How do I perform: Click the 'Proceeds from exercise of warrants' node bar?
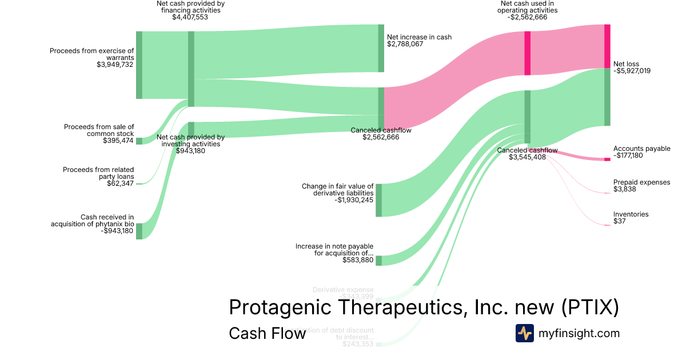click(x=139, y=65)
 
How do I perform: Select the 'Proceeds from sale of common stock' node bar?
click(x=139, y=141)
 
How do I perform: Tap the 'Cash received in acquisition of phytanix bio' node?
click(x=139, y=231)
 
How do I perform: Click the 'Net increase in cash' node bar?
click(x=381, y=48)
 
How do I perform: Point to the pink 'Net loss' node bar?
click(x=607, y=46)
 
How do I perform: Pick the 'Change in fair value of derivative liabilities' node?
click(x=378, y=200)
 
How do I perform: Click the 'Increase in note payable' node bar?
click(x=378, y=261)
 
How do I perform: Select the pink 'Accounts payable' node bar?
click(x=607, y=159)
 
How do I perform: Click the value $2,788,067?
click(x=405, y=44)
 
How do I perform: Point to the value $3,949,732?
click(x=115, y=65)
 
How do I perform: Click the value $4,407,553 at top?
click(x=190, y=17)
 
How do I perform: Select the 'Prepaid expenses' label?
click(x=641, y=182)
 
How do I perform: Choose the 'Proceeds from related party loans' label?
click(x=98, y=173)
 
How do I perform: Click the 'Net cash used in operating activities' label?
click(x=527, y=7)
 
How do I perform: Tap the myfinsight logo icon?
click(x=524, y=333)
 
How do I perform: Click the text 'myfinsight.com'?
click(x=579, y=333)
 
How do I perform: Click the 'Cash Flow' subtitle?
click(x=267, y=333)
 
